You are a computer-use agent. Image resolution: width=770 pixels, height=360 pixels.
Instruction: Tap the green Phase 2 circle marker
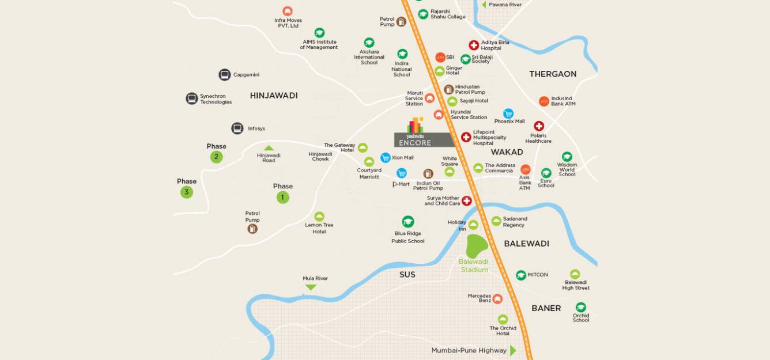[216, 157]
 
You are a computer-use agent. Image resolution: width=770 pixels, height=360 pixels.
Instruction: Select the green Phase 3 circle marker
[187, 192]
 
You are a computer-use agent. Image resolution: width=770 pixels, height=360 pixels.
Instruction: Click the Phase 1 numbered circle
[282, 197]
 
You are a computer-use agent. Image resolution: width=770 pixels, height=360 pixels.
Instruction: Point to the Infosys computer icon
[237, 128]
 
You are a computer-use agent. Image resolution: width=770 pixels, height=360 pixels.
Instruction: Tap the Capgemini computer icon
[225, 74]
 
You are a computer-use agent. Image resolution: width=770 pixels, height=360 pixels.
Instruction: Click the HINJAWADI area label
[274, 96]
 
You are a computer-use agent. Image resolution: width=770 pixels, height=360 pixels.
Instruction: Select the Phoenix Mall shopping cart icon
[508, 113]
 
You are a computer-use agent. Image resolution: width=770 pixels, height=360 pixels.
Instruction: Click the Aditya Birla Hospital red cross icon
[474, 45]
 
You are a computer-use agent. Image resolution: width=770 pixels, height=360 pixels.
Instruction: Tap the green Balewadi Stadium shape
[476, 246]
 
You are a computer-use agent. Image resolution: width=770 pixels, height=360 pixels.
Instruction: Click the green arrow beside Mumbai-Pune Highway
[513, 350]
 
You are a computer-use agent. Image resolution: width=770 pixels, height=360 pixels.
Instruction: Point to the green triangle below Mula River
[311, 287]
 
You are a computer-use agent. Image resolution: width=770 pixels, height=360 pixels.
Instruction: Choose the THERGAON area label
[553, 74]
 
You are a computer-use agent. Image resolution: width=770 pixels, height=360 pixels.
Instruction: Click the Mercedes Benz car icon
[497, 298]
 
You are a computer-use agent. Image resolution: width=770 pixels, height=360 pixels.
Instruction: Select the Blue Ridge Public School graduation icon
[408, 222]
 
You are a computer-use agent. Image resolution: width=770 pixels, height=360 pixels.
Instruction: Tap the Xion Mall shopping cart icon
[386, 157]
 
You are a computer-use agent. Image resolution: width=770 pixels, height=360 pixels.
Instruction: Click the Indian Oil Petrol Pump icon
[428, 173]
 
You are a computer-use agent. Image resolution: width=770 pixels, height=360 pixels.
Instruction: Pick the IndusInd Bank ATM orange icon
[544, 101]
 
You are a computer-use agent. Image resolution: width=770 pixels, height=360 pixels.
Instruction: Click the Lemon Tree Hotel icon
[319, 217]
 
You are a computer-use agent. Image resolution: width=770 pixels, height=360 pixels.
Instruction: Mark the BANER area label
[546, 308]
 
